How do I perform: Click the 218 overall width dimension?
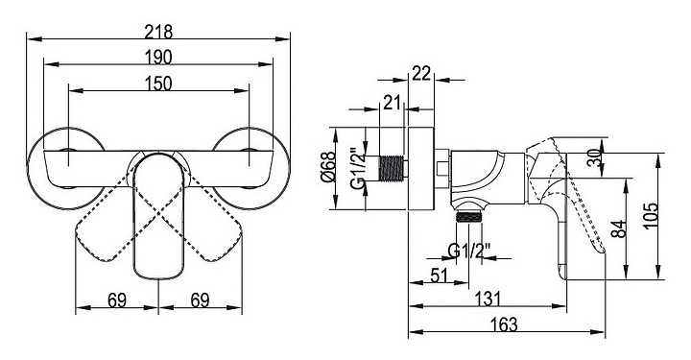click(x=158, y=32)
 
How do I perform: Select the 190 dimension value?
click(x=158, y=58)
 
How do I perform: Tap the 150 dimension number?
click(x=158, y=84)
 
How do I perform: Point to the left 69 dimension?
click(x=117, y=300)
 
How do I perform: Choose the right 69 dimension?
click(x=200, y=300)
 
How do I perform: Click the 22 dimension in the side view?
click(x=421, y=73)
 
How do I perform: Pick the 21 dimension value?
click(x=392, y=102)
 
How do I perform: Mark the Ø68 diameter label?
click(x=329, y=167)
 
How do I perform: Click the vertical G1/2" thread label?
click(x=360, y=167)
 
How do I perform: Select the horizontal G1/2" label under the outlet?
click(x=469, y=252)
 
